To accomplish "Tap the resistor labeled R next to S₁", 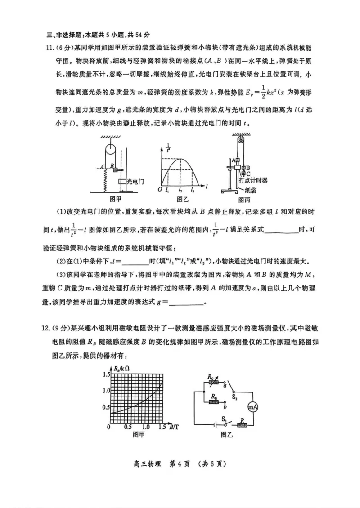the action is click(243, 425).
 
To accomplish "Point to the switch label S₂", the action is click(234, 397).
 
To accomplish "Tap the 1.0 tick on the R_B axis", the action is click(106, 391).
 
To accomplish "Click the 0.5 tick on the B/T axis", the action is click(128, 427).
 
